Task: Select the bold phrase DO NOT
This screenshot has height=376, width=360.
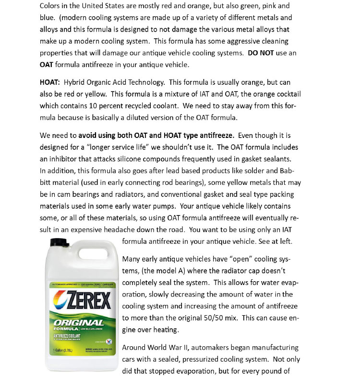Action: (x=261, y=53)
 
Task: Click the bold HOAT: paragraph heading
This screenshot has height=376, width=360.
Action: (x=49, y=82)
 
